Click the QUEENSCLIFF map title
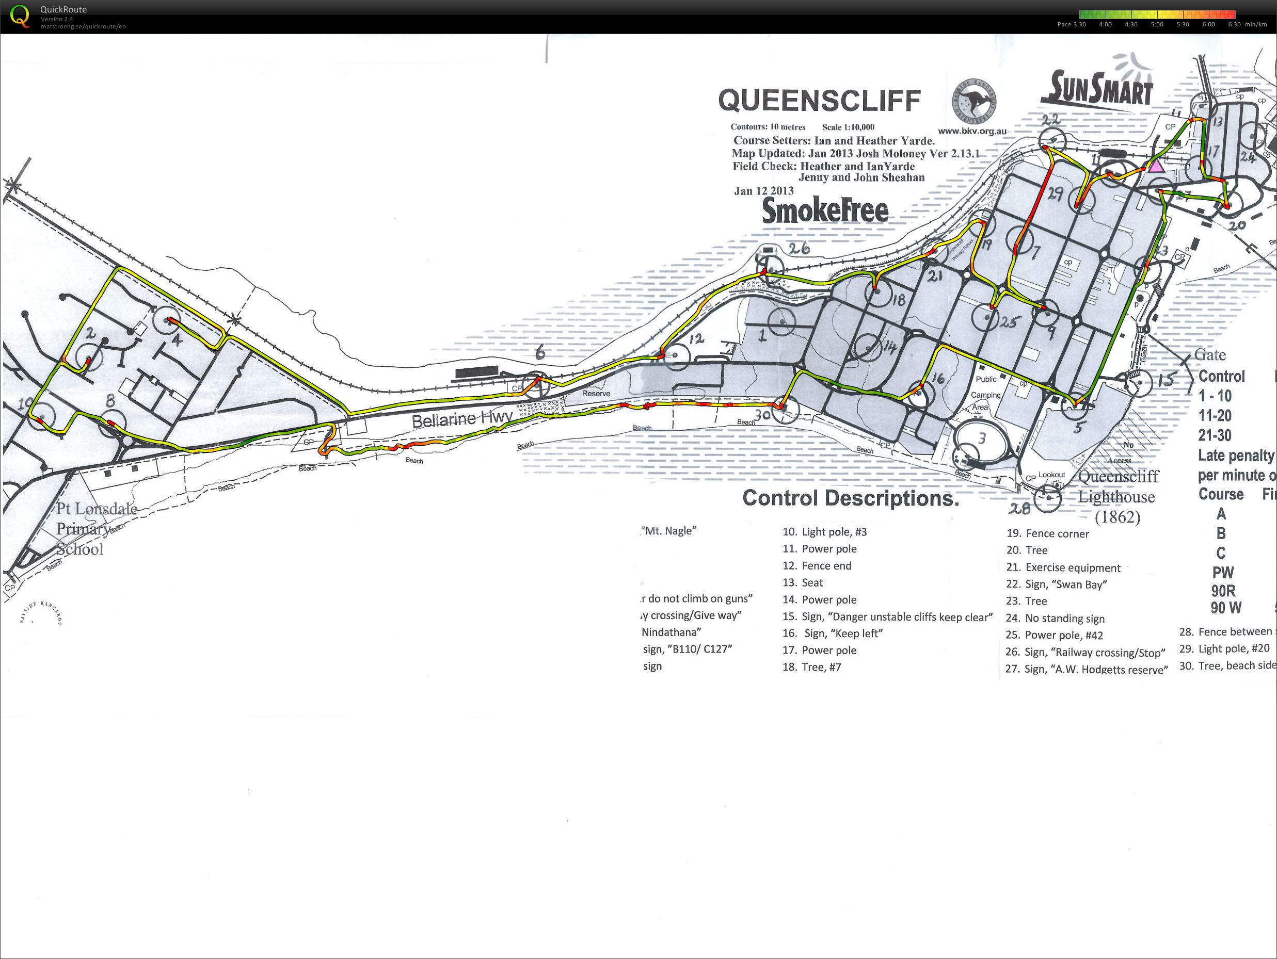(819, 101)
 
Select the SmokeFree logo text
(825, 210)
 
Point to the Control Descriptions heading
(850, 498)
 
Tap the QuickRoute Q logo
(20, 15)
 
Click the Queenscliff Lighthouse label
(1118, 496)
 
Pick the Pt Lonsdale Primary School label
(95, 529)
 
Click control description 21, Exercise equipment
(1063, 568)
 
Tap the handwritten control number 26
(799, 249)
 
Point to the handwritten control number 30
(762, 414)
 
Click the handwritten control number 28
(1019, 508)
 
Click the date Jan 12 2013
(763, 191)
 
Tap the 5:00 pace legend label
(1157, 25)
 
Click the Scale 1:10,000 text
(848, 127)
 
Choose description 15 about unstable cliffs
(887, 617)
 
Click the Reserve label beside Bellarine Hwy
(596, 394)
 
